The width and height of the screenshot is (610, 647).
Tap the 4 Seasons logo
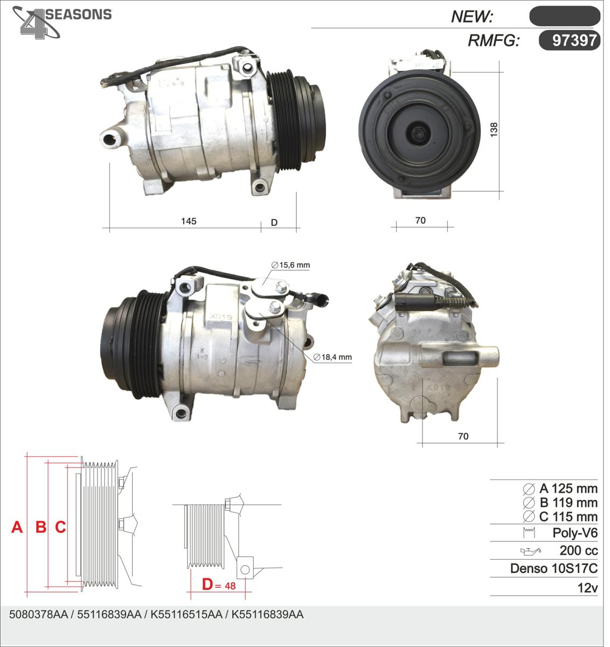tap(62, 22)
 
